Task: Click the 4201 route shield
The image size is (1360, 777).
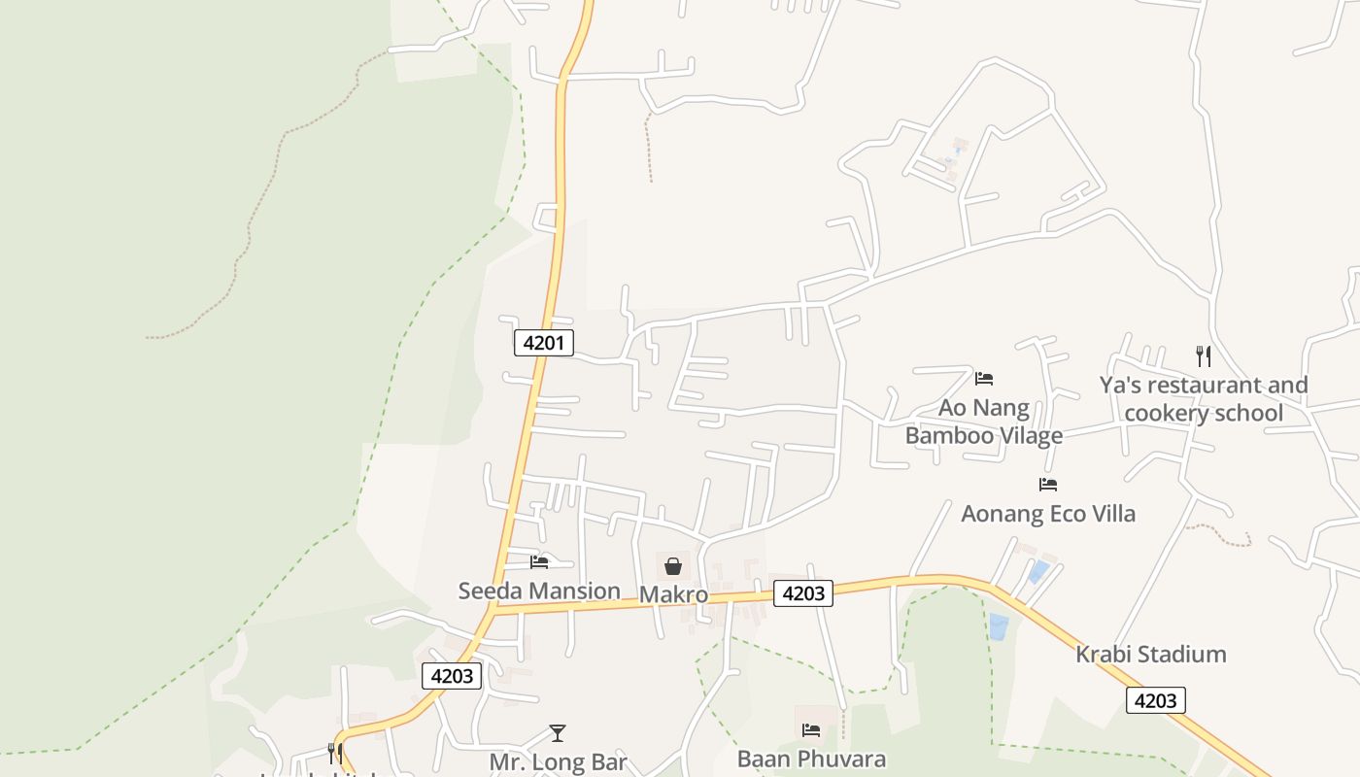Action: click(544, 342)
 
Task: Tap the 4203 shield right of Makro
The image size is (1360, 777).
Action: click(803, 593)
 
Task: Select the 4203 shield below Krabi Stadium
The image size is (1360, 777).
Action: click(1156, 700)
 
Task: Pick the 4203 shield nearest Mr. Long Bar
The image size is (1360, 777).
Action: click(453, 676)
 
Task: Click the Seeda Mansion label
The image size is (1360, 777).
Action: click(539, 591)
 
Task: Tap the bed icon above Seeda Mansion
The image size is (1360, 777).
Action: click(539, 561)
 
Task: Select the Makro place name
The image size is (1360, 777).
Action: click(673, 594)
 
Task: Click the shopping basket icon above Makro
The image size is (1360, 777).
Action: click(673, 566)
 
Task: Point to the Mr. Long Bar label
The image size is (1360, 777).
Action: click(558, 761)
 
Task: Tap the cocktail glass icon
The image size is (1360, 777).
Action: click(558, 733)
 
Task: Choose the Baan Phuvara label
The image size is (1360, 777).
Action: click(811, 759)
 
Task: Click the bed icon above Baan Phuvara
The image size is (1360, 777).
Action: click(811, 730)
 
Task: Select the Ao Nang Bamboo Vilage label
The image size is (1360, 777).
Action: click(984, 422)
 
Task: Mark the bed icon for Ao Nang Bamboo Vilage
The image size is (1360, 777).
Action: click(984, 378)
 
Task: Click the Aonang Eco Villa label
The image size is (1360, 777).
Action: click(1048, 513)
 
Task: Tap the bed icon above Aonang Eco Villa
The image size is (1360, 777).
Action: click(1048, 484)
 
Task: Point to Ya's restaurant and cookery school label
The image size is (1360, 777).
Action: click(1204, 399)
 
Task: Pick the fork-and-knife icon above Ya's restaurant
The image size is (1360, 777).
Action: click(1204, 356)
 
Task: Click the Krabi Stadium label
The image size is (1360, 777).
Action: click(1150, 654)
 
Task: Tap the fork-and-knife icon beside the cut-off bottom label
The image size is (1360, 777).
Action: click(334, 753)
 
